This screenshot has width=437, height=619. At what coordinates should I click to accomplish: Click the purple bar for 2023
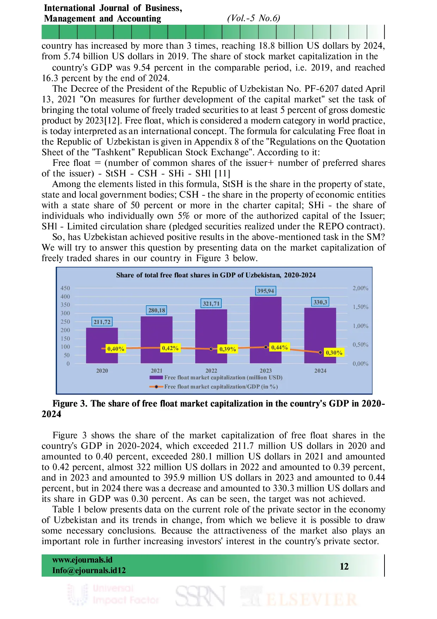coord(265,330)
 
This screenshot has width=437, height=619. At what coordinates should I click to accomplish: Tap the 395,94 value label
coord(265,291)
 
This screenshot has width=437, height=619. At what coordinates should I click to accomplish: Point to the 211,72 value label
coord(102,322)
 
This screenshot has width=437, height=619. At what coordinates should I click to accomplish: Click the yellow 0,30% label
coord(334,353)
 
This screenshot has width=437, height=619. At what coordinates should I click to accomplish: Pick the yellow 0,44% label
coord(279,347)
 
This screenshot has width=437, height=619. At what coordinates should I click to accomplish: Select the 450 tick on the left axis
coord(65,288)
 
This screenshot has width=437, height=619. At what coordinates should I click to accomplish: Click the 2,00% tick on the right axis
coord(360,288)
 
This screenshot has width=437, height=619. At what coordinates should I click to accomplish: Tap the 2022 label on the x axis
coord(211,371)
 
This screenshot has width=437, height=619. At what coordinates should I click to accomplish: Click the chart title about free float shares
coord(216,275)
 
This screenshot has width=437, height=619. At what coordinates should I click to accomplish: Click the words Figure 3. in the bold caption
coord(70,403)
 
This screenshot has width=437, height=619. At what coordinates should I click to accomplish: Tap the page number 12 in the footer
coord(344,566)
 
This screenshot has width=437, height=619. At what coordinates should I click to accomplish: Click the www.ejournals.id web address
coord(82,560)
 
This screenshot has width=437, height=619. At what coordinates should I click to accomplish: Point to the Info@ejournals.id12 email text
coord(89,570)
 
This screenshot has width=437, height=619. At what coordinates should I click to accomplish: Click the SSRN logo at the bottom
coord(200,596)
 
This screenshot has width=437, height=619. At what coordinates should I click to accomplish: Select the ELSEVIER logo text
coord(312,600)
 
